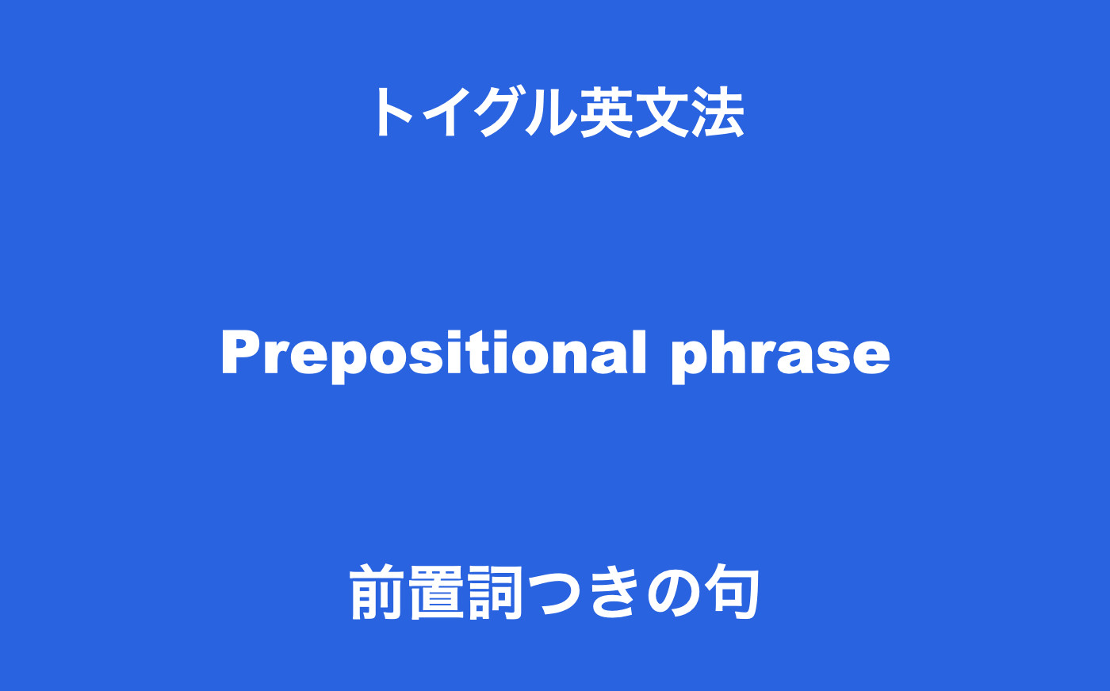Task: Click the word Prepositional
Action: tap(434, 353)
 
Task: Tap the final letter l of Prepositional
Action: tap(640, 352)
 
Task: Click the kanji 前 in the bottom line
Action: tap(377, 592)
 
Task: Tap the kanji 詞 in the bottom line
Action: tap(495, 592)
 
